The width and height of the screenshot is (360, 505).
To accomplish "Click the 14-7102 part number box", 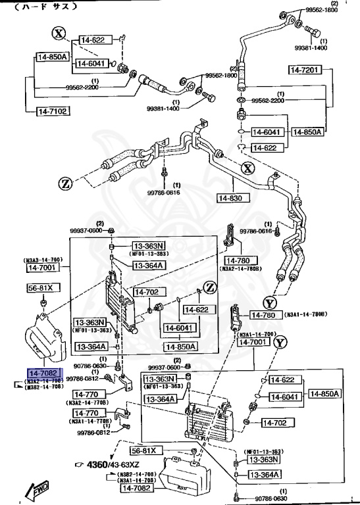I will coord(52,112).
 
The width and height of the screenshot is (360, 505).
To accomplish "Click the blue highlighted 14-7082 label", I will coord(43,373).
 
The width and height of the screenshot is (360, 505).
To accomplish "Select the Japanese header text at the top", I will coord(46,7).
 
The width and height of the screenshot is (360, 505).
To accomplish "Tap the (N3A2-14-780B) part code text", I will coord(242,268).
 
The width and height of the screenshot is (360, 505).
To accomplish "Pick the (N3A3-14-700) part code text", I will coord(43,259).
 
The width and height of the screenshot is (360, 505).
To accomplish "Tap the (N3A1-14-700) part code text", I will coord(253,334).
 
